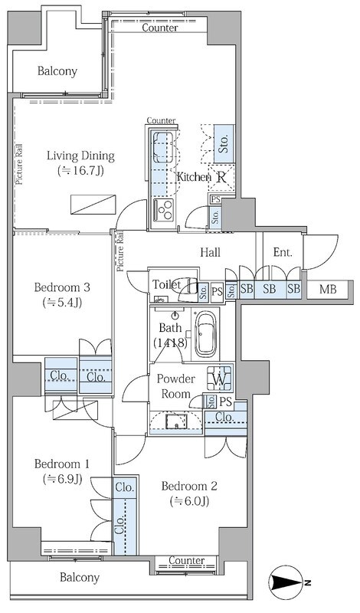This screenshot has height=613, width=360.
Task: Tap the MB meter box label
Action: pos(327,290)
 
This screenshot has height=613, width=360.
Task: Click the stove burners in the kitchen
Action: pos(164,209)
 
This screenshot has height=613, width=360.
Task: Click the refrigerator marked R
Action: pos(221,177)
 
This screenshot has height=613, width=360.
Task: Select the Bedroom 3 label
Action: pos(62,287)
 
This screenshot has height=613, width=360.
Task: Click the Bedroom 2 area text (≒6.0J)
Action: pos(189,501)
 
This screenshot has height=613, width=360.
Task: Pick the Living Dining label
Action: pos(81,156)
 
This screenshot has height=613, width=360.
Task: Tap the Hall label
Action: pos(210,253)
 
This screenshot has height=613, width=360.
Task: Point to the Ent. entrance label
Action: pos(283,253)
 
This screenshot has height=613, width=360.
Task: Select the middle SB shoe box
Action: pos(270,290)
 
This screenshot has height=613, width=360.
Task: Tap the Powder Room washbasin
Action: pos(176,421)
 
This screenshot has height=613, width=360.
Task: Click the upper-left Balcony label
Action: pos(57,71)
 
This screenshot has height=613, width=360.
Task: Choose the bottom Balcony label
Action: pos(80,578)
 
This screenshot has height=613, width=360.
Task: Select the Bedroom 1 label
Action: pos(62,464)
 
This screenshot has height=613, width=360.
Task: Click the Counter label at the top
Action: pos(160,28)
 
